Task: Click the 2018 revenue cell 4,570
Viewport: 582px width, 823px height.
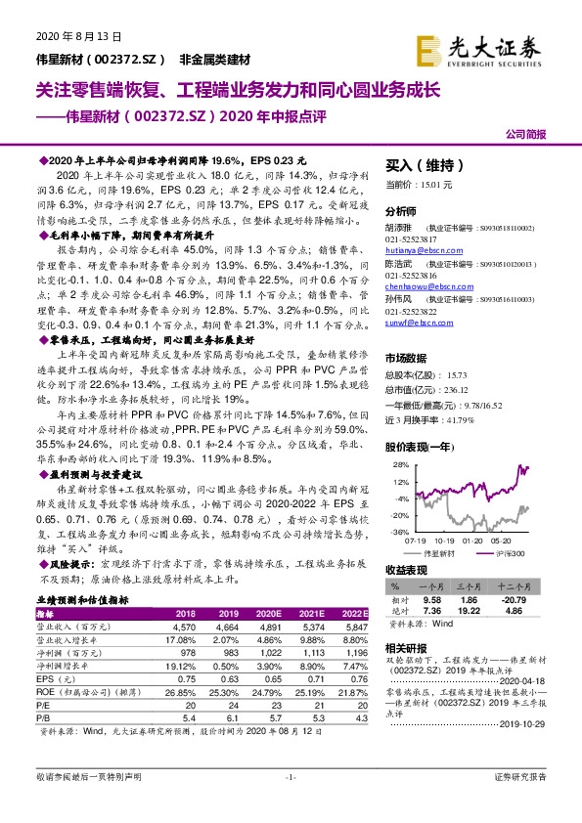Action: coord(185,626)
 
